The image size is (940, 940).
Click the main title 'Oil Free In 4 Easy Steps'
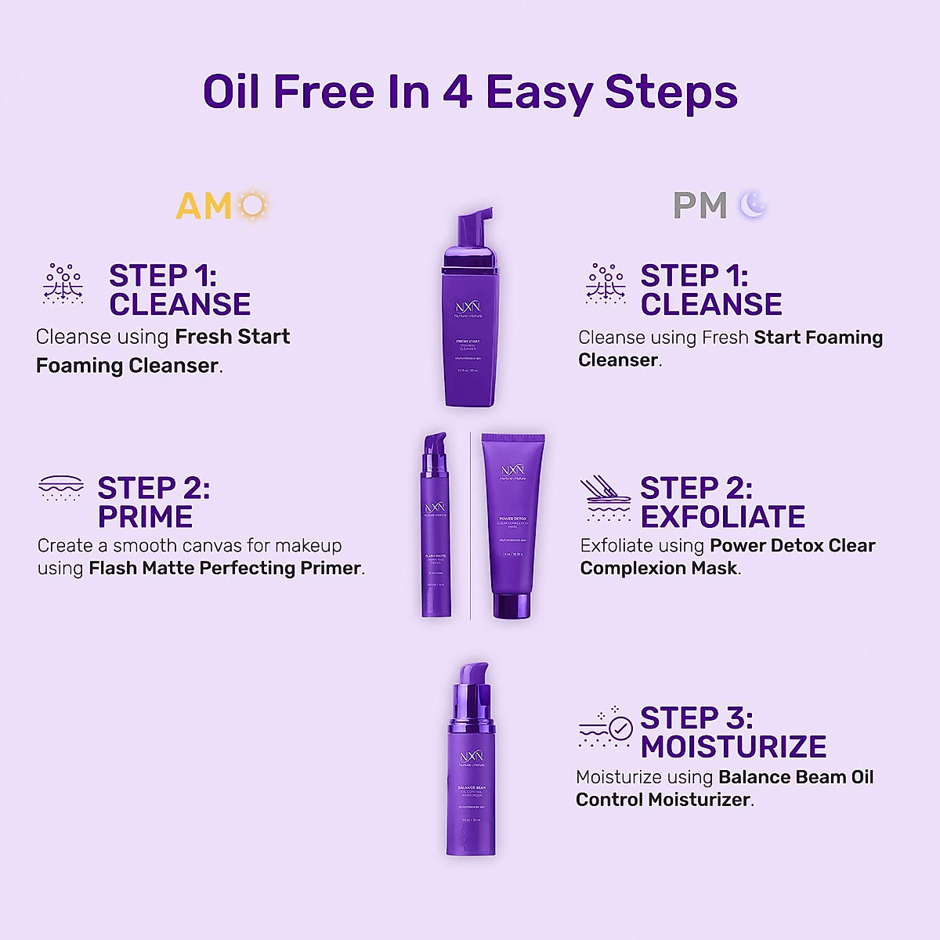click(x=470, y=92)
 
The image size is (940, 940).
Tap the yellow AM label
click(x=204, y=207)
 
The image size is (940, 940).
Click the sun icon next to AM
click(x=253, y=206)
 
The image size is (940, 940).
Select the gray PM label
click(x=700, y=206)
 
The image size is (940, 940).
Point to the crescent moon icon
click(x=753, y=205)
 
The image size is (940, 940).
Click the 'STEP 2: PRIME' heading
click(x=154, y=502)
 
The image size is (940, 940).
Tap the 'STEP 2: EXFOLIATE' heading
click(x=721, y=502)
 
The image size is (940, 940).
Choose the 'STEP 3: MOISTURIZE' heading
click(x=732, y=732)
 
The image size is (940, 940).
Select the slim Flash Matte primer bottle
click(x=436, y=533)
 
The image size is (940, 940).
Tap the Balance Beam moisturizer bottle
click(x=471, y=775)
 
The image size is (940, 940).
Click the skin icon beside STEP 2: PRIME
click(x=61, y=487)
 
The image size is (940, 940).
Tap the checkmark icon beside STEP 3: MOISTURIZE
click(x=620, y=729)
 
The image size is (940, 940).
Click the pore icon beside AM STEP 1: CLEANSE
click(x=63, y=284)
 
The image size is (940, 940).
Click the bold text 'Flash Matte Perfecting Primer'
click(x=225, y=568)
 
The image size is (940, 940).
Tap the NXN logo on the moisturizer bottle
click(x=471, y=757)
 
